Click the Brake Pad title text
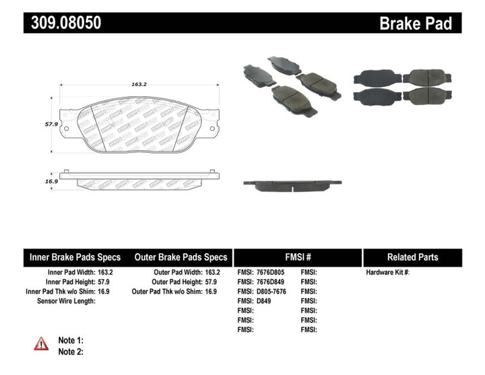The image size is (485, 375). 415,24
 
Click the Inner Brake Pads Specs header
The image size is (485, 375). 75,257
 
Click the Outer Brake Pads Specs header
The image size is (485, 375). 181,257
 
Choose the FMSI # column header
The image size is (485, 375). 297,257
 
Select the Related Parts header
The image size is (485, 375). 412,257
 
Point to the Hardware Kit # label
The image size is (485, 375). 388,273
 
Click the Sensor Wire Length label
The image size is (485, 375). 66,301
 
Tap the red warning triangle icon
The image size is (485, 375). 42,343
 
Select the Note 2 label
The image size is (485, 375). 71,351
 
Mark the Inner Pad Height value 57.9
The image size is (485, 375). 104,282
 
